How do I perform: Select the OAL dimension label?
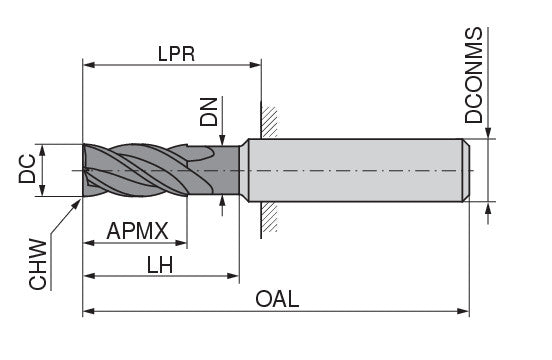click(x=277, y=299)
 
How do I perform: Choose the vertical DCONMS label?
click(x=476, y=75)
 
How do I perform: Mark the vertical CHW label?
click(x=38, y=263)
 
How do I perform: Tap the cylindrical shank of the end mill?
click(x=355, y=171)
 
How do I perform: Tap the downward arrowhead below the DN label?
click(x=223, y=140)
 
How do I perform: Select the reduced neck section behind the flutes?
click(x=230, y=171)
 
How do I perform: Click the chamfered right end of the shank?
click(x=465, y=171)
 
